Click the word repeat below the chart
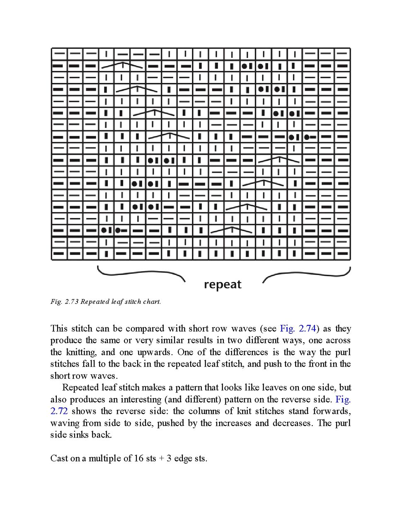pos(223,285)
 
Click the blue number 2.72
pos(59,411)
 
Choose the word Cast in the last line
pos(59,458)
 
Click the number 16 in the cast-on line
pos(138,458)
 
